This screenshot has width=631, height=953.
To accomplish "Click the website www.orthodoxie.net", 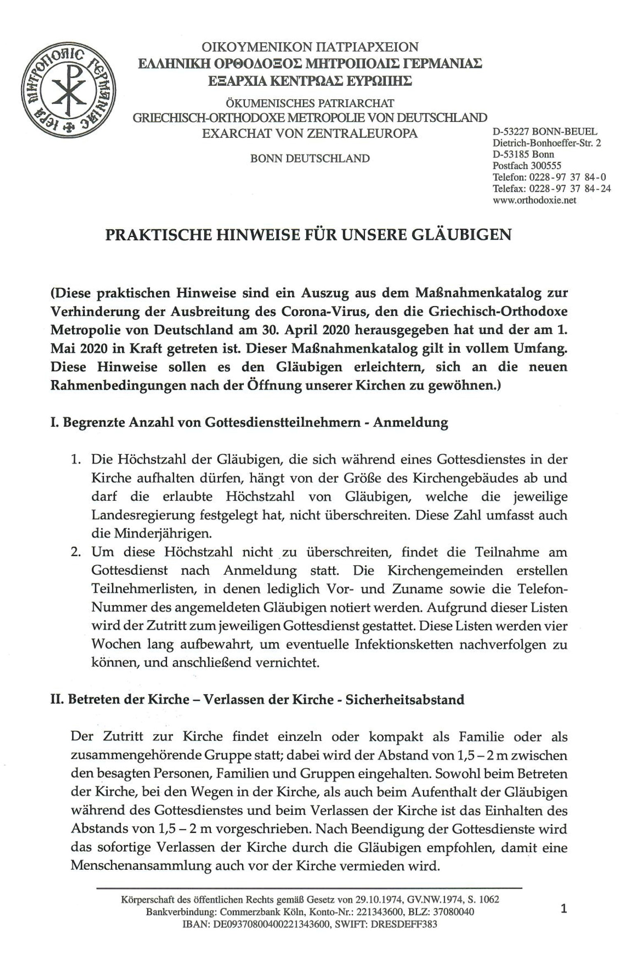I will click(534, 200).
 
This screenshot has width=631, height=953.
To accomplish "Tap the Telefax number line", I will click(551, 189).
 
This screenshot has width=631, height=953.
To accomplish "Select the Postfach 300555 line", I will click(527, 166).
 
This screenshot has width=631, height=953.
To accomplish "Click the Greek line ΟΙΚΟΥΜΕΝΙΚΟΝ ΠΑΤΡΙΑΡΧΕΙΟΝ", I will click(310, 47).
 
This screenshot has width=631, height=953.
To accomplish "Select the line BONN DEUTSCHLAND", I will click(310, 158).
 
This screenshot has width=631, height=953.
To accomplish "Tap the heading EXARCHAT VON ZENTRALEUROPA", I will click(310, 133).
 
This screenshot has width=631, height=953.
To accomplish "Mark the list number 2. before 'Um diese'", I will click(75, 552).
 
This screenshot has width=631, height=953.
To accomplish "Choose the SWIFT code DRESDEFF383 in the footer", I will click(403, 925).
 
